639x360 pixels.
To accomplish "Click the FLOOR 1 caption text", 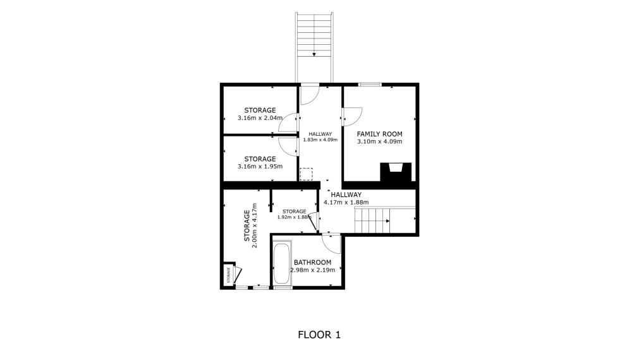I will pyautogui.click(x=319, y=335).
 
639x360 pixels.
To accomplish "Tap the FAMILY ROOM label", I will pyautogui.click(x=379, y=134).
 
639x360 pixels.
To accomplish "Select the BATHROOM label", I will pyautogui.click(x=312, y=262).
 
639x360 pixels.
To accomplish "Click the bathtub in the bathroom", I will pyautogui.click(x=282, y=263).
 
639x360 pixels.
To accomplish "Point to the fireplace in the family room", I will pyautogui.click(x=396, y=172).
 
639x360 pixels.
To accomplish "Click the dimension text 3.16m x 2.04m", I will pyautogui.click(x=260, y=118).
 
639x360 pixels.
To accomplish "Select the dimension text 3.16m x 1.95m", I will pyautogui.click(x=260, y=167).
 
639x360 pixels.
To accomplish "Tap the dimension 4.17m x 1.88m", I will pyautogui.click(x=346, y=203).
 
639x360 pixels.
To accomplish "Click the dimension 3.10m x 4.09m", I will pyautogui.click(x=379, y=142).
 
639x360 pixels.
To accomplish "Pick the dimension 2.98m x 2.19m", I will pyautogui.click(x=312, y=270).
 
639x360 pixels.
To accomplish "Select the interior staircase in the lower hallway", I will pyautogui.click(x=372, y=220).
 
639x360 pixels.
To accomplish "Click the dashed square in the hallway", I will pyautogui.click(x=307, y=174).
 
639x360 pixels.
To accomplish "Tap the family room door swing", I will pyautogui.click(x=352, y=116).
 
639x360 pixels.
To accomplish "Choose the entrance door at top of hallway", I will pyautogui.click(x=309, y=95).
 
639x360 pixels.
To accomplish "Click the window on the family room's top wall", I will pyautogui.click(x=370, y=85).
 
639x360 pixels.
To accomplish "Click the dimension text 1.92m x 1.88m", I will pyautogui.click(x=294, y=217).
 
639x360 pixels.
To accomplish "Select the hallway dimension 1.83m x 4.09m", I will pyautogui.click(x=320, y=140).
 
